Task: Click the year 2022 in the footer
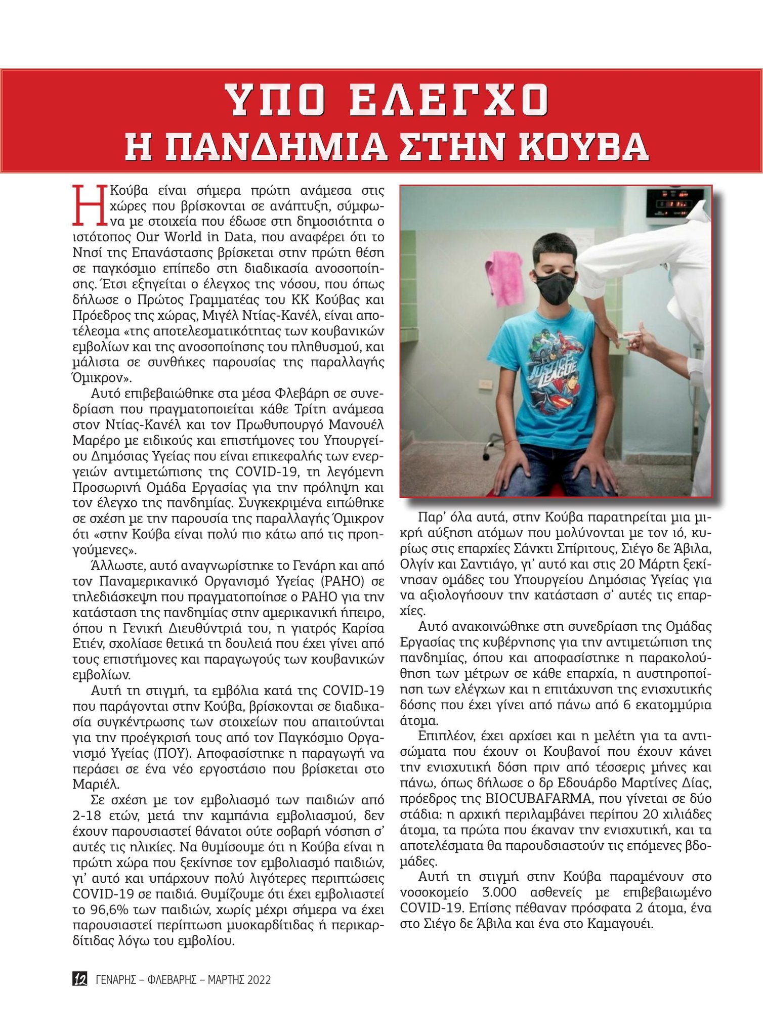(259, 980)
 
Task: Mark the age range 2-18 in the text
(89, 816)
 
